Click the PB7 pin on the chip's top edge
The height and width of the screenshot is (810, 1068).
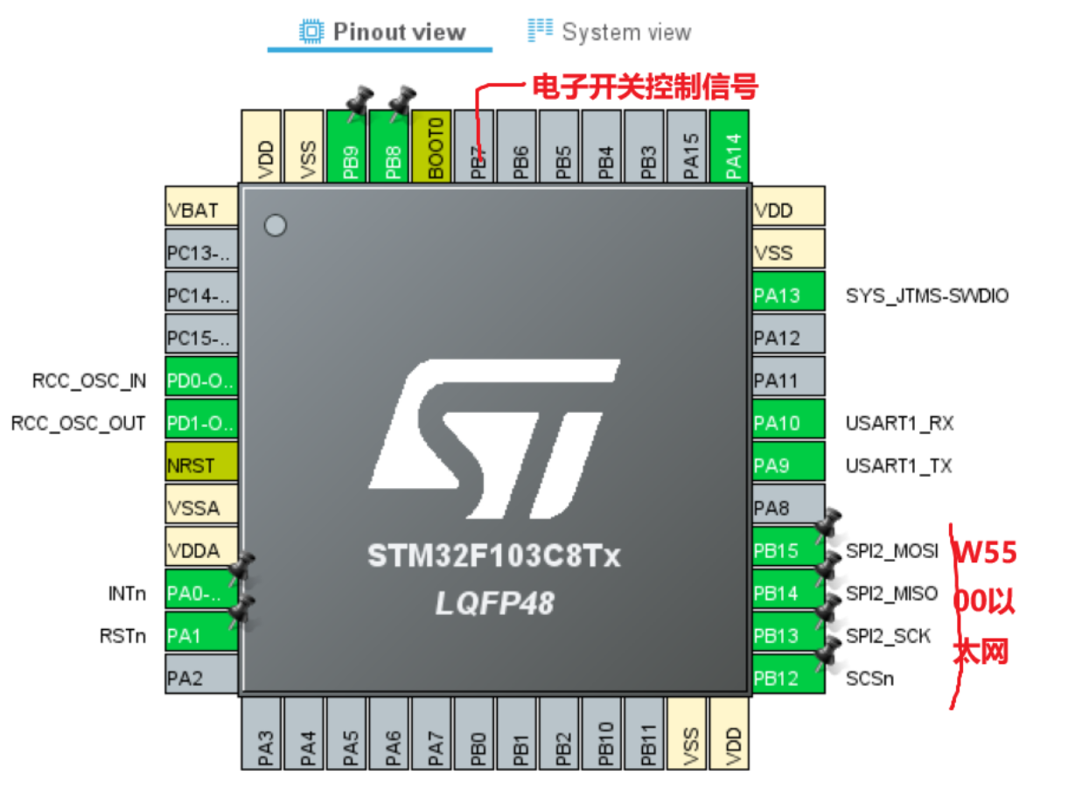point(478,146)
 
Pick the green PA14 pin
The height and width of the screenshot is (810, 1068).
point(731,146)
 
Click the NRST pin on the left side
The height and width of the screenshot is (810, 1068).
point(201,465)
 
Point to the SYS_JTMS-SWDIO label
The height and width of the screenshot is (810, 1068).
point(927,296)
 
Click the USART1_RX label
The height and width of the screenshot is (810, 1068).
point(899,423)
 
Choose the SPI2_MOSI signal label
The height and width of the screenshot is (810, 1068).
point(892,551)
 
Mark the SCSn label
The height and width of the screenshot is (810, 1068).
point(870,678)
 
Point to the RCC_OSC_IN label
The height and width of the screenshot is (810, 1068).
point(89,381)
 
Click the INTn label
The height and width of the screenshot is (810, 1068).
point(127,594)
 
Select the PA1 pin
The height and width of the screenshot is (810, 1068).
point(201,636)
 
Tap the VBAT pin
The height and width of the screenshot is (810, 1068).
point(201,211)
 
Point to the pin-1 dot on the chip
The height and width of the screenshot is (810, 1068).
point(276,226)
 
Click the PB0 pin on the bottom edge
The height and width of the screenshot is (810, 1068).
point(478,733)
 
